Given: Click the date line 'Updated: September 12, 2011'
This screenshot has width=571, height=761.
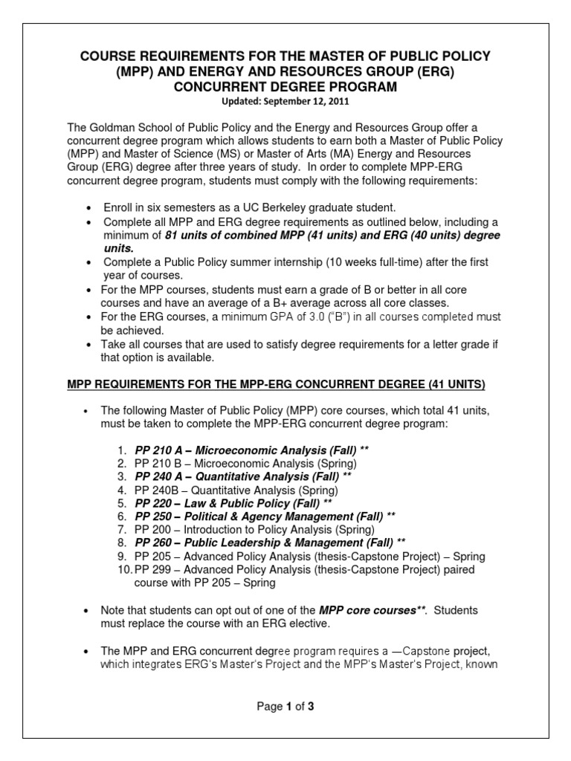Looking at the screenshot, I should point(285,100).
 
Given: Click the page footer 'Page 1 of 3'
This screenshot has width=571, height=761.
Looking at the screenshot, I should point(285,707).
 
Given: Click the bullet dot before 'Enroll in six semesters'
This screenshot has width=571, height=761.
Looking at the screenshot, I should point(90,209).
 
